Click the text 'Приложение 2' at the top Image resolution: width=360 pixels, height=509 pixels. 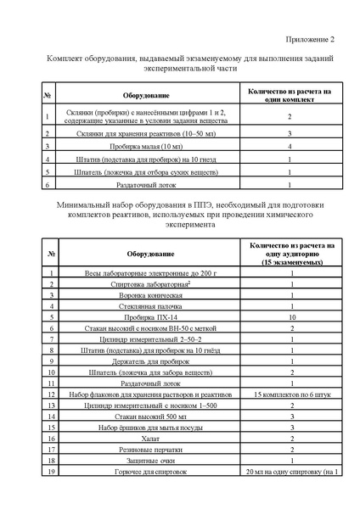click(x=308, y=39)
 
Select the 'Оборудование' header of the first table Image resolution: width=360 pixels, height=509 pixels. click(x=145, y=97)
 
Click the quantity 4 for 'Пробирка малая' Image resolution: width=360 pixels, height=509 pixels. click(x=290, y=146)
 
